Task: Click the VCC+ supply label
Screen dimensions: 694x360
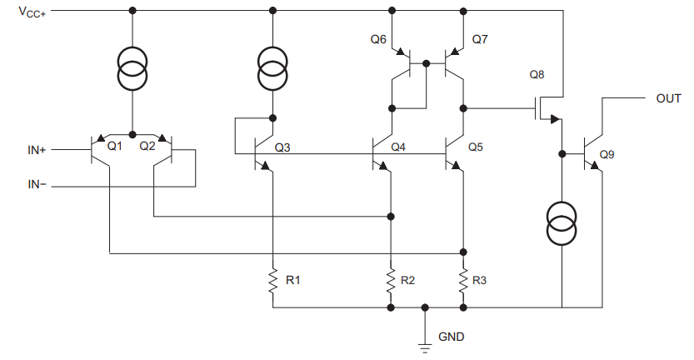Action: tap(32, 12)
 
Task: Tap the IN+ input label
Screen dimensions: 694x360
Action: tap(37, 150)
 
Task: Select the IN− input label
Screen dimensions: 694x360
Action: tap(37, 184)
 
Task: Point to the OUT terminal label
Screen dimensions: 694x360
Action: tap(668, 98)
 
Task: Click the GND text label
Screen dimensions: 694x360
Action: tap(451, 337)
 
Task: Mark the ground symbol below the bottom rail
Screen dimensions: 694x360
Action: tap(425, 347)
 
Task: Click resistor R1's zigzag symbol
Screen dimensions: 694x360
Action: tap(272, 280)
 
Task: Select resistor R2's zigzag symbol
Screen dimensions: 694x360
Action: tap(391, 280)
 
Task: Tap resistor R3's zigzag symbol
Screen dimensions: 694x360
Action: tap(463, 280)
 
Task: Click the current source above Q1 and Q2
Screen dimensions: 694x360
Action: tap(132, 68)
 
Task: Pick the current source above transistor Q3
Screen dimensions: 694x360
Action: tap(272, 68)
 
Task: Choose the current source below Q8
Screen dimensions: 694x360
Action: tap(562, 223)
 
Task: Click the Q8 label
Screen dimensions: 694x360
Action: tap(537, 75)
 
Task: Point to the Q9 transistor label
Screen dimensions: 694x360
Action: tap(607, 154)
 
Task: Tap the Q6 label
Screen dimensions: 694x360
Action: tap(378, 39)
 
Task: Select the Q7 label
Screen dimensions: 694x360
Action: tap(480, 39)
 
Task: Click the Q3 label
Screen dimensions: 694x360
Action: tap(282, 147)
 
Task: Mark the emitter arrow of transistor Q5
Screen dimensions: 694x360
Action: tap(456, 166)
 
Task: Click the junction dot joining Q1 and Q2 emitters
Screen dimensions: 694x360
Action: tap(132, 134)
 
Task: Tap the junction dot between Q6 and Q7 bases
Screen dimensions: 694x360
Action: tap(427, 64)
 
